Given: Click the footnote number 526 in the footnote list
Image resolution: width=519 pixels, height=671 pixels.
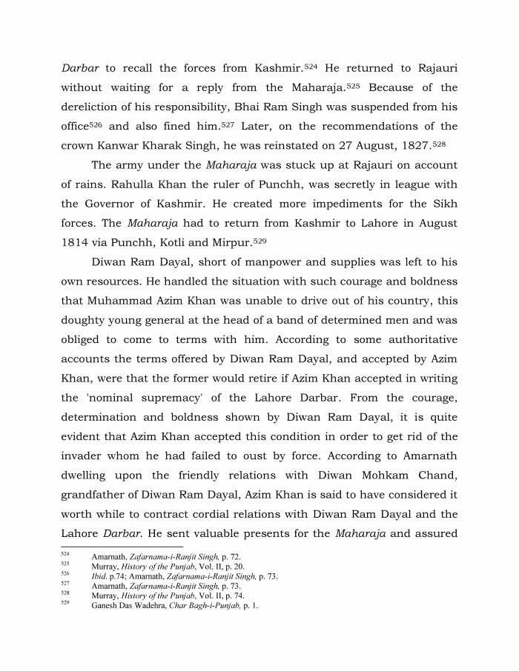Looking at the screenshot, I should coord(65,574).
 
